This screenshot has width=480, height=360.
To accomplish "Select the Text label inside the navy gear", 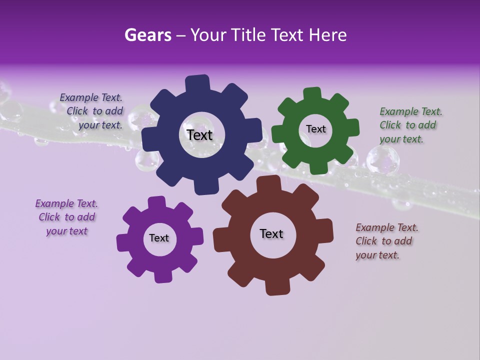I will coord(199,135).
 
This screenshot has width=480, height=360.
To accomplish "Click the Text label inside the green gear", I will coord(315,129).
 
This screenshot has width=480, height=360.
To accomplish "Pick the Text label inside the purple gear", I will coord(159,238).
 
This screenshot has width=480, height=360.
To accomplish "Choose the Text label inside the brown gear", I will coord(271,233).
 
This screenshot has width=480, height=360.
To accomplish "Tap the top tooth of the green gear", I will coord(312,94).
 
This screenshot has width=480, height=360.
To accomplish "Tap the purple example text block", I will coord(66,217).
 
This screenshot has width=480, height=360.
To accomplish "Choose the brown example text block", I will coord(386,241).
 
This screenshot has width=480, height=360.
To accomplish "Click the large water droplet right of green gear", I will coord(382,160).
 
